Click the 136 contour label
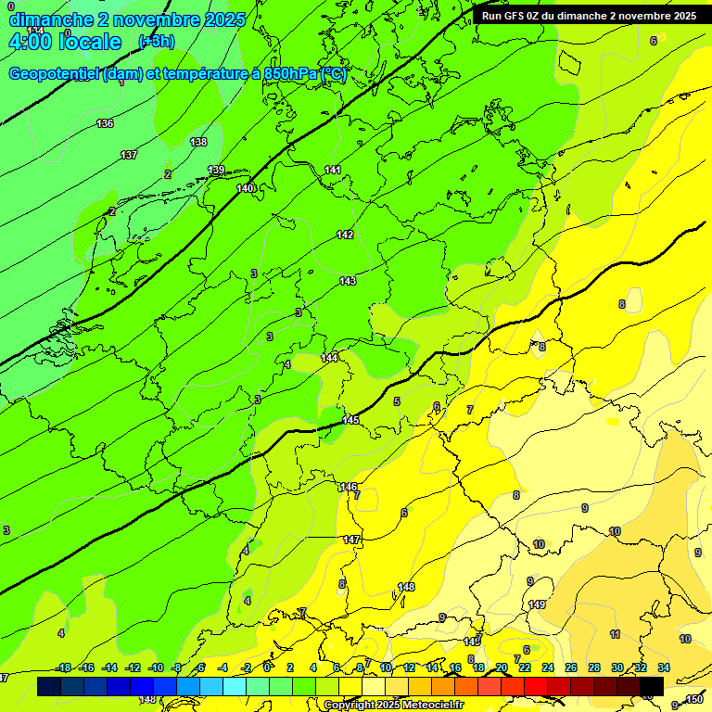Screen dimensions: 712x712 (105, 123)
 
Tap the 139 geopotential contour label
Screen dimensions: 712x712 (216, 170)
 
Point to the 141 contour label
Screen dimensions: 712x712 (333, 170)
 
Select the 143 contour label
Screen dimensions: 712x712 (348, 281)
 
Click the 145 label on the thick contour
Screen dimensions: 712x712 (350, 420)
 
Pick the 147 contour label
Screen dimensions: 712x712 (351, 540)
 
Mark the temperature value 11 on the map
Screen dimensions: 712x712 (615, 634)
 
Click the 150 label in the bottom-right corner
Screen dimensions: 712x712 (694, 699)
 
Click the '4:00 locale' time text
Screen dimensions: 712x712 (64, 42)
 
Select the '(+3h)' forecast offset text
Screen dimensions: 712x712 (156, 42)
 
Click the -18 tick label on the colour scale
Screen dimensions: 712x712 (63, 667)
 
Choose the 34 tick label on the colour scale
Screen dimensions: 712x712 (664, 667)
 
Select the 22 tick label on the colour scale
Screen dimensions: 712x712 (525, 667)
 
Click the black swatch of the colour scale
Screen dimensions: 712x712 (652, 686)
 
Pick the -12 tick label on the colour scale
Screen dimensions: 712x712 (133, 667)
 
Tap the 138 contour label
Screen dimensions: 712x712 (198, 142)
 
